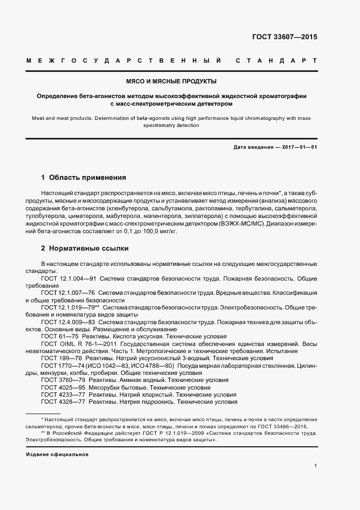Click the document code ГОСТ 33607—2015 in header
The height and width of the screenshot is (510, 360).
tap(284, 37)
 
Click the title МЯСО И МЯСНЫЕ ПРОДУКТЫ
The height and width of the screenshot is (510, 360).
tap(172, 82)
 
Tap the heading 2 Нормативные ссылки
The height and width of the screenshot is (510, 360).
tap(85, 248)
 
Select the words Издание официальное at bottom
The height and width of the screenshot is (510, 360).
tap(57, 454)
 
